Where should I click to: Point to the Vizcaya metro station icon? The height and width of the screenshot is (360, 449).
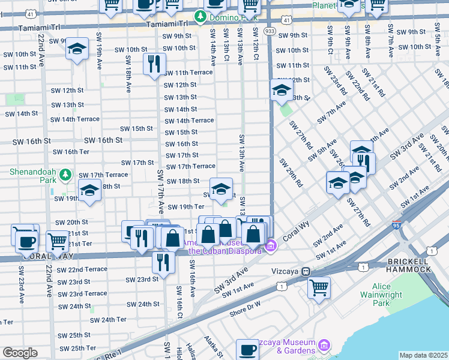(306, 271)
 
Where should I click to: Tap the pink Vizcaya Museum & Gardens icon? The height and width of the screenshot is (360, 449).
(324, 345)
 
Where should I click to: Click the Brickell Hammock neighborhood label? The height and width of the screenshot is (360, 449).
(409, 265)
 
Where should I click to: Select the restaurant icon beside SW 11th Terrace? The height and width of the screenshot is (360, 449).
(154, 64)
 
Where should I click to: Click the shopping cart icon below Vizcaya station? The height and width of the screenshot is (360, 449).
(319, 287)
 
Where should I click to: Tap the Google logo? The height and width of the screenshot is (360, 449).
(20, 353)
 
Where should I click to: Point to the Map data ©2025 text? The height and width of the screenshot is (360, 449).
(423, 355)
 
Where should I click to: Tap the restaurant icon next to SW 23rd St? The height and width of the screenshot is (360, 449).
(162, 262)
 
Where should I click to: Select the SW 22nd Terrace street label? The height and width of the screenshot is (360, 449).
(87, 269)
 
